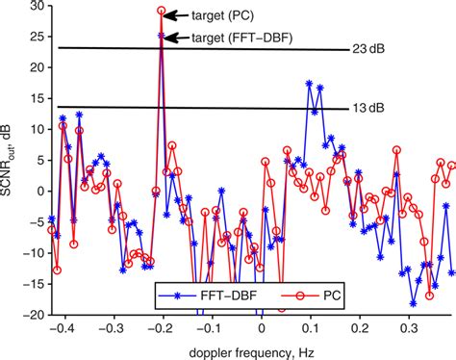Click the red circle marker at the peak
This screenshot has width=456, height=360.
[x=162, y=11]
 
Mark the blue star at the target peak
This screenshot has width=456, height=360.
[x=162, y=36]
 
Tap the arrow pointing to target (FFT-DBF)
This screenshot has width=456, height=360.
[x=177, y=38]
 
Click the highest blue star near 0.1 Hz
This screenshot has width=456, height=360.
[x=309, y=84]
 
